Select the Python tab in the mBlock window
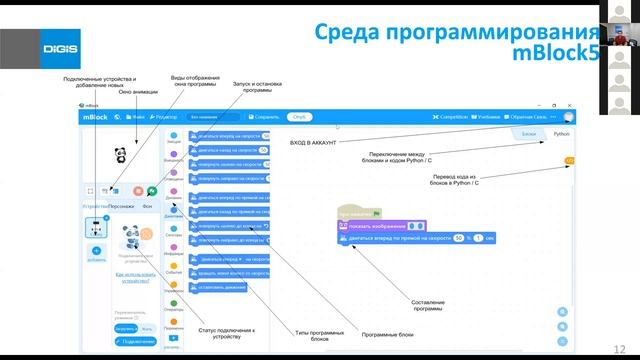561,132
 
